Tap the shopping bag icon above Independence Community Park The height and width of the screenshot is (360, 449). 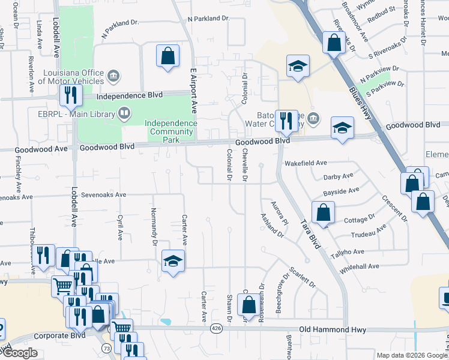(168, 56)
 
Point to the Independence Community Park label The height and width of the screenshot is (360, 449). (172, 131)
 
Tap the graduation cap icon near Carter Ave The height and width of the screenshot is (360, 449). (173, 261)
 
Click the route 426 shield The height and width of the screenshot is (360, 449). (215, 329)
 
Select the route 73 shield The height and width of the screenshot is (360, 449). (106, 349)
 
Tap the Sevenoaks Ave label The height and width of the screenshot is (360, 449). (104, 195)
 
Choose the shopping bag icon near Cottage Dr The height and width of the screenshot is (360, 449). (324, 212)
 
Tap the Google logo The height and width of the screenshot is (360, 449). (20, 353)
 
